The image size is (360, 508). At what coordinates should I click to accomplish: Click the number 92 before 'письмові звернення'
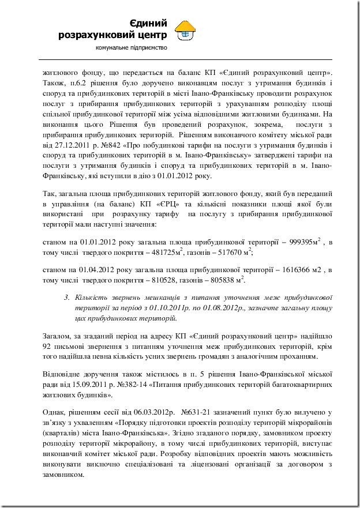(x=50, y=346)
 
